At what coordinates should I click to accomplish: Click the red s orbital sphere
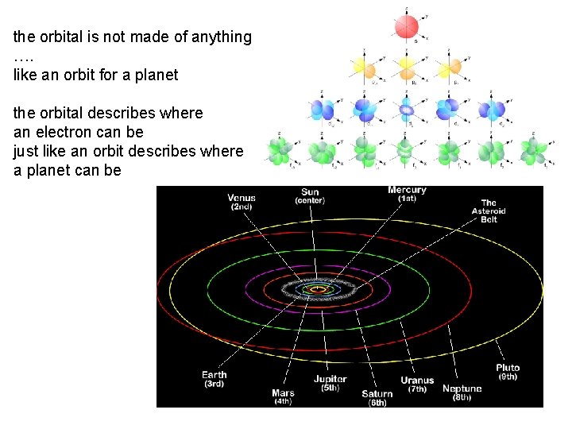407,28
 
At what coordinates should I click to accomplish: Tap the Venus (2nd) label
242,202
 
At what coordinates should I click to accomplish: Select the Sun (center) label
310,196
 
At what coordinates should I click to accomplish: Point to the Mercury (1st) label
407,194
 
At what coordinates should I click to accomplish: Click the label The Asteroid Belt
489,211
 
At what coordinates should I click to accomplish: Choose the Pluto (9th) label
508,372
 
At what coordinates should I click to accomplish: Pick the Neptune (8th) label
462,392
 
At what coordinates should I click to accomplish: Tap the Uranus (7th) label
417,385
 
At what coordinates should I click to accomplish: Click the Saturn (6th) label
377,398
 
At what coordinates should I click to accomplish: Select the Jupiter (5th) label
330,384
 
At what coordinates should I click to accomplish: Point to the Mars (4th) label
283,396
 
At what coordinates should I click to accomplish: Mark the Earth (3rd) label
214,379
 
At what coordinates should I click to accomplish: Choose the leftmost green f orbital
279,149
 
